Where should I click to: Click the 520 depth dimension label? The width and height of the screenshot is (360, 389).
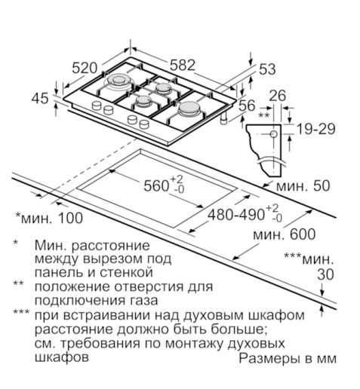tap(85, 68)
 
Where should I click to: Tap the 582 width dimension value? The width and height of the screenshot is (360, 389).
tap(183, 65)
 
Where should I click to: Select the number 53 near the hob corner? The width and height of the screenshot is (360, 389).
tap(267, 69)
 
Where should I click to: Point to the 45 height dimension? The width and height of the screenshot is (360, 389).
tap(40, 98)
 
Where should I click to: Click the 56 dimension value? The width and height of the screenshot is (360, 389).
tap(247, 106)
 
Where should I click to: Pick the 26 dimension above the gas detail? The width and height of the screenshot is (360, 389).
tap(278, 96)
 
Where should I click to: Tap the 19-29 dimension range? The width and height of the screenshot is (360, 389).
tap(316, 129)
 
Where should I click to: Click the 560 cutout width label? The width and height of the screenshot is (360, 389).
tap(164, 185)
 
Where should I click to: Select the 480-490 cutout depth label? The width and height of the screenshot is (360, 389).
tap(245, 213)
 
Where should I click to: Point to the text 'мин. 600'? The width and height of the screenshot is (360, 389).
tap(284, 234)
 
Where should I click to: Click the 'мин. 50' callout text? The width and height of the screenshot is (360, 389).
tap(303, 185)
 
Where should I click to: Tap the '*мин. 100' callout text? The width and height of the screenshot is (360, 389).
tap(49, 218)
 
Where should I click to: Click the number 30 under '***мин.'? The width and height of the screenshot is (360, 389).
tap(325, 274)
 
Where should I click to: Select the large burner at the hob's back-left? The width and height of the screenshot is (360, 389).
tap(118, 81)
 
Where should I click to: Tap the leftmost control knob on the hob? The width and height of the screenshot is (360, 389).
tap(97, 106)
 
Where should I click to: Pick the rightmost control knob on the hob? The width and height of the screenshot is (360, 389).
tap(144, 124)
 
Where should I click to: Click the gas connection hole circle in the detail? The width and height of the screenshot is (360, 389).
tap(274, 134)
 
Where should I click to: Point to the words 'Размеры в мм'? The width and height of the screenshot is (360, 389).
tap(288, 358)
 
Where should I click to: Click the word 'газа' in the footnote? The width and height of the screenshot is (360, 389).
tap(144, 301)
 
